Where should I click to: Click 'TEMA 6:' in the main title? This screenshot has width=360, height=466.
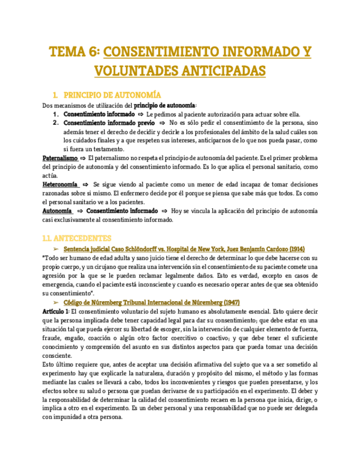pos(74,52)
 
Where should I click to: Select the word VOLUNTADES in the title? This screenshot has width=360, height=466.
pos(136,71)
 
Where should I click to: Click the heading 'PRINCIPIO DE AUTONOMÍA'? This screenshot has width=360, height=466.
pos(112,95)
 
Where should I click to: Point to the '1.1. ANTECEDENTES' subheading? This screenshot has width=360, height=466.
pos(77,238)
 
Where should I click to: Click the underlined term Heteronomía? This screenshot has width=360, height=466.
pos(60,185)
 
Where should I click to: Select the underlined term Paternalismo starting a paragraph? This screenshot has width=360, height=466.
pos(60,158)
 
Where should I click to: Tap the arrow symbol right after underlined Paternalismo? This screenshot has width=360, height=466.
pos(83,158)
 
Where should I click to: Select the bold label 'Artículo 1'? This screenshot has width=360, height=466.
pos(55,311)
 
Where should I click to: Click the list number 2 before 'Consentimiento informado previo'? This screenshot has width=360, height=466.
pos(56,123)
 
